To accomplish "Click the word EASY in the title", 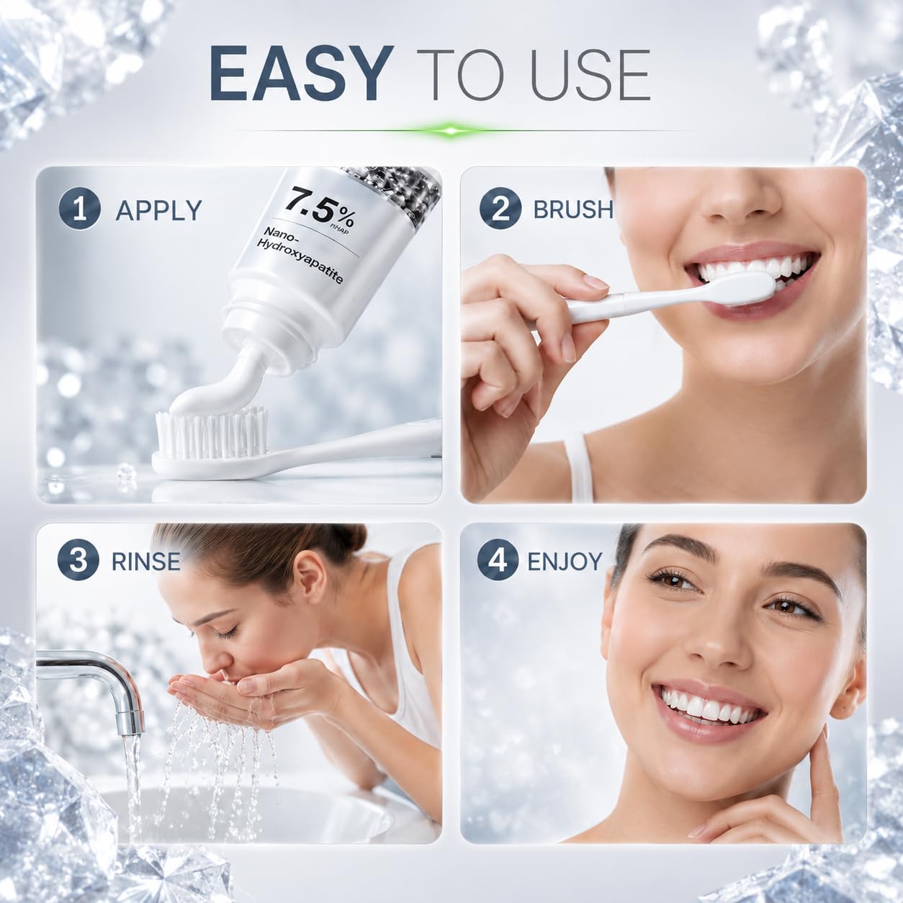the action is point(301,75).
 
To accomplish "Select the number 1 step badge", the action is point(80,209).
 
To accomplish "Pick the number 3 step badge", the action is point(78,560).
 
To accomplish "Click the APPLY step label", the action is point(158,210).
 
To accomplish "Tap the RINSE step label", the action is point(145,561).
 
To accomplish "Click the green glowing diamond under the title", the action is point(450,130).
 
